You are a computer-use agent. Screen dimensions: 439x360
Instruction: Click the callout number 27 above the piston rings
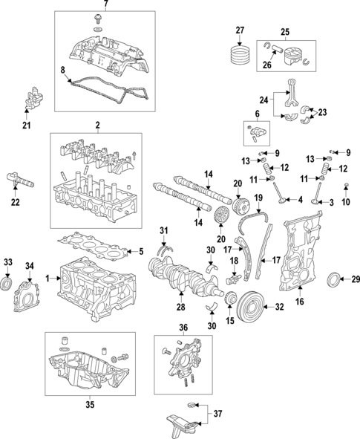click(240, 30)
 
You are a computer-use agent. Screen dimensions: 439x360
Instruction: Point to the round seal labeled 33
click(8, 283)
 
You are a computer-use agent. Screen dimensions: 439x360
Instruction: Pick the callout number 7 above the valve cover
click(105, 5)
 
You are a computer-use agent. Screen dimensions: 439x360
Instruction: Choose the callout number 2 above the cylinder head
click(96, 127)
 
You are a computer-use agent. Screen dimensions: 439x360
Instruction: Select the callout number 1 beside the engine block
click(48, 278)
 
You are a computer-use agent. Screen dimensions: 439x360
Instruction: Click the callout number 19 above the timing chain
click(258, 199)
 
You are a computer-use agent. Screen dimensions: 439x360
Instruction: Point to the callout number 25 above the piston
click(284, 31)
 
